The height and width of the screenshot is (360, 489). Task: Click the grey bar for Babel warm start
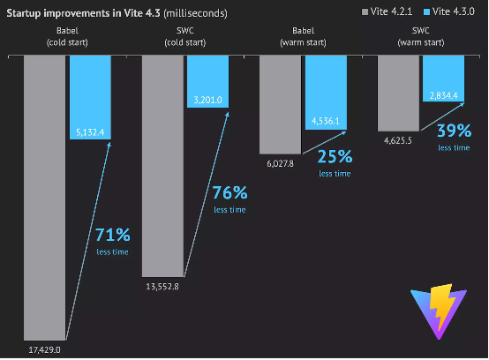[x=280, y=105]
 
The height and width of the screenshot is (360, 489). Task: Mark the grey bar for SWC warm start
[x=399, y=93]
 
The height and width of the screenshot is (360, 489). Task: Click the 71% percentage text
[x=112, y=236]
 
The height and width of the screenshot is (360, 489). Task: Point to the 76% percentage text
[x=229, y=193]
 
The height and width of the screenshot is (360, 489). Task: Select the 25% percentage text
[x=335, y=157]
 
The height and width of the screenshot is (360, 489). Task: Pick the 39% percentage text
[x=453, y=131]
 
